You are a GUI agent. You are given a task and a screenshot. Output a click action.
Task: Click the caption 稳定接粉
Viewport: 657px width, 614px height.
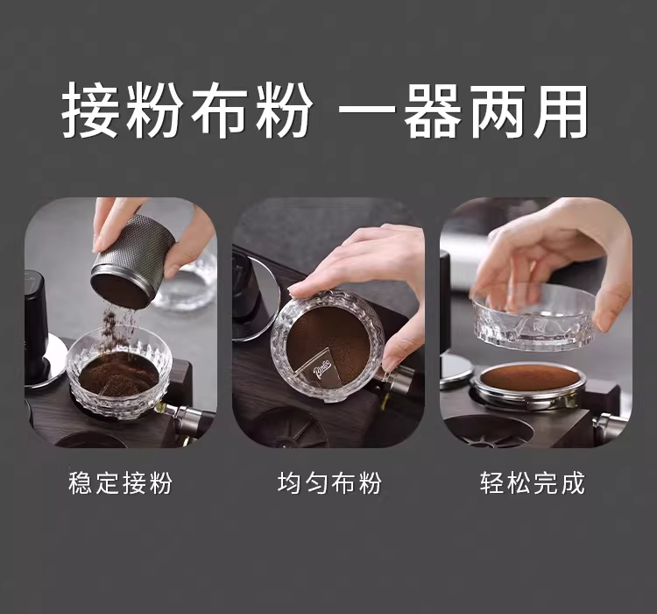coord(120,482)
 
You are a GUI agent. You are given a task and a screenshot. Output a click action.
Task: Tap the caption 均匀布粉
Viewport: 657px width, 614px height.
coord(329,482)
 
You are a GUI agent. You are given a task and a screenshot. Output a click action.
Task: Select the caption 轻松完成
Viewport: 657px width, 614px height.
coord(532,482)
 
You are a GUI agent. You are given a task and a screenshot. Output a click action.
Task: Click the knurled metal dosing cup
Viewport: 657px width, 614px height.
coord(133,261)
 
